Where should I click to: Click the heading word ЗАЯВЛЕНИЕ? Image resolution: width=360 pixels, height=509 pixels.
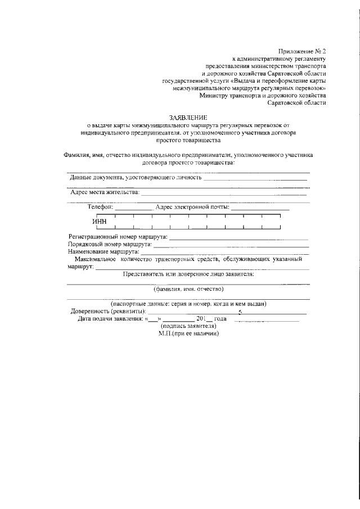coord(188,118)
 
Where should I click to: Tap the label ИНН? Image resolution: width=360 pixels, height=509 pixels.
coord(100,221)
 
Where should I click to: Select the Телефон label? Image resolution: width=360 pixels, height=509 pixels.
coord(101,207)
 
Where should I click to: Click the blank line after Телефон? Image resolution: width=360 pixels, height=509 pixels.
coord(133,209)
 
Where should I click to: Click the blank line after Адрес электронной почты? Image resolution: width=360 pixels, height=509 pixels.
coord(260,209)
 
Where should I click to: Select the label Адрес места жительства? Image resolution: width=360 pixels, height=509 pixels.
coord(105,192)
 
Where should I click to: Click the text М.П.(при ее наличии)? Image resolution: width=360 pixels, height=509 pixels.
coord(188,332)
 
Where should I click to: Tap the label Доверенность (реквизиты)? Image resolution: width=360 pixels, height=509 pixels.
coord(108,311)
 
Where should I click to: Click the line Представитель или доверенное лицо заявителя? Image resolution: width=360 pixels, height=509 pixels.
coord(188,274)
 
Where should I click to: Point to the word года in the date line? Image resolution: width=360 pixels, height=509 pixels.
coord(219,318)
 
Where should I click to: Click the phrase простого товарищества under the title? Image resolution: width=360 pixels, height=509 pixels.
coord(188,141)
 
